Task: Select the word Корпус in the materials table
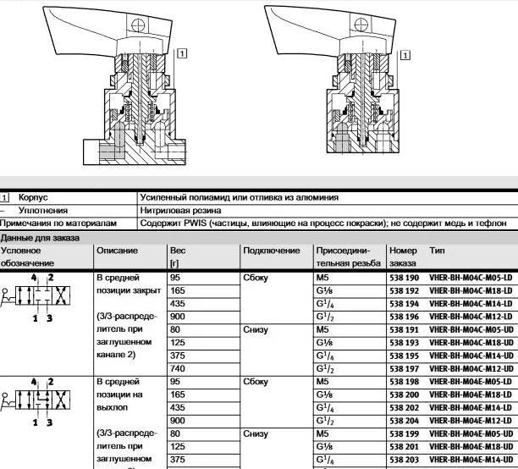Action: (x=34, y=196)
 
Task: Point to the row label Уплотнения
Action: (x=42, y=210)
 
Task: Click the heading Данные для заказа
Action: (x=40, y=238)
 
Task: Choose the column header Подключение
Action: (x=271, y=251)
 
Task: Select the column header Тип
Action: (x=438, y=251)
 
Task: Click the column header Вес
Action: (x=177, y=251)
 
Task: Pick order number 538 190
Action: (x=405, y=277)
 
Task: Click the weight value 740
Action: (x=177, y=369)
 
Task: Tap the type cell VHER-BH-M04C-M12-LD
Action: (x=471, y=316)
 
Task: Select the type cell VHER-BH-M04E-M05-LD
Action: (x=471, y=382)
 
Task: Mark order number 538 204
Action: (x=405, y=421)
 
